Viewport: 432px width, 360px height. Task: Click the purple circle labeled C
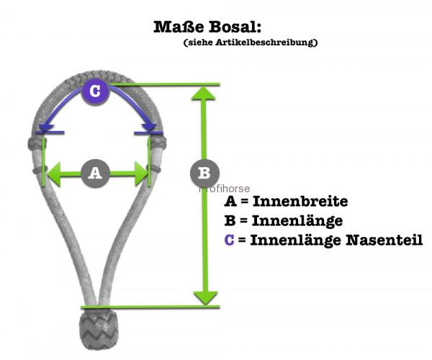[x=95, y=91]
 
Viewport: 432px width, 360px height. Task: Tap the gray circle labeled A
[x=95, y=174]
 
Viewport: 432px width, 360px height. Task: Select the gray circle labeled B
[x=204, y=173]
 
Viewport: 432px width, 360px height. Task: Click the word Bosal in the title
[x=235, y=27]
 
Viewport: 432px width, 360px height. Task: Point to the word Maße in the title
[x=179, y=27]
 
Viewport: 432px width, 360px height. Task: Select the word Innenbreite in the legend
[x=300, y=201]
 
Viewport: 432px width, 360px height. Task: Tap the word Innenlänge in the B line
[x=297, y=221]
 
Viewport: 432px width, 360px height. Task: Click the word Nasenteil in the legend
[x=384, y=240]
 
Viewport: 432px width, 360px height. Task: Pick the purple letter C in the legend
[x=229, y=240]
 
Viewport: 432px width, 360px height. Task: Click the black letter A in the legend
[x=230, y=201]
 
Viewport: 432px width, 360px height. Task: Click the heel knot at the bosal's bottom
[x=99, y=328]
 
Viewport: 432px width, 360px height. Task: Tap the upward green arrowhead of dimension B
[x=203, y=93]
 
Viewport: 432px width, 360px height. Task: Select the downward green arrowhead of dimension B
[x=205, y=298]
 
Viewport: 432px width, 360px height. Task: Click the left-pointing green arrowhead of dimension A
[x=54, y=174]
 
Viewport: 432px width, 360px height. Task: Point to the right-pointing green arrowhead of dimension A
[x=141, y=174]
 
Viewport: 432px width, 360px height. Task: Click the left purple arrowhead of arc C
[x=47, y=127]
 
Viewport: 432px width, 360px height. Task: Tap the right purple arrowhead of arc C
[x=149, y=127]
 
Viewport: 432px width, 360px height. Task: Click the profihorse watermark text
[x=224, y=189]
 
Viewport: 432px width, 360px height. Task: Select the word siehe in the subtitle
[x=199, y=42]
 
